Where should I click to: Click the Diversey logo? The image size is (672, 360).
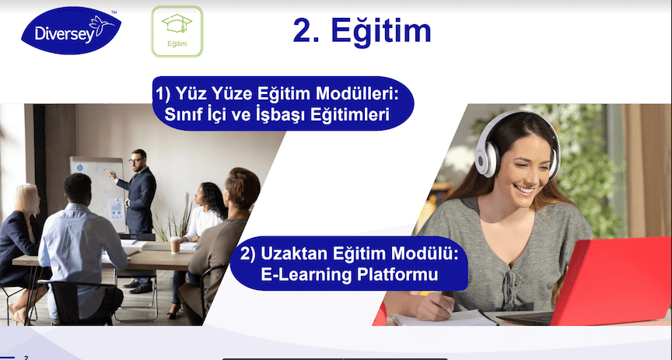point(71,30)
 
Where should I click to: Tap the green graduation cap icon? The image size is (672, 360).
point(177,23)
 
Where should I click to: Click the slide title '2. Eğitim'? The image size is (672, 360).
point(362,31)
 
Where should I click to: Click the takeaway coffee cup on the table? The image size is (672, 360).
point(175,245)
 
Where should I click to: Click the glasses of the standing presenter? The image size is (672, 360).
point(137,160)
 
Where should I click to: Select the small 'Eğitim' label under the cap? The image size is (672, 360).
point(177,44)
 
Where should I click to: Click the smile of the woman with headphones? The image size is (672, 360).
point(524,189)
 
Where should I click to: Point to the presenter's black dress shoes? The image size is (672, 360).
point(138,286)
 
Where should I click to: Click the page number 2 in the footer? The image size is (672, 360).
point(26,358)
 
